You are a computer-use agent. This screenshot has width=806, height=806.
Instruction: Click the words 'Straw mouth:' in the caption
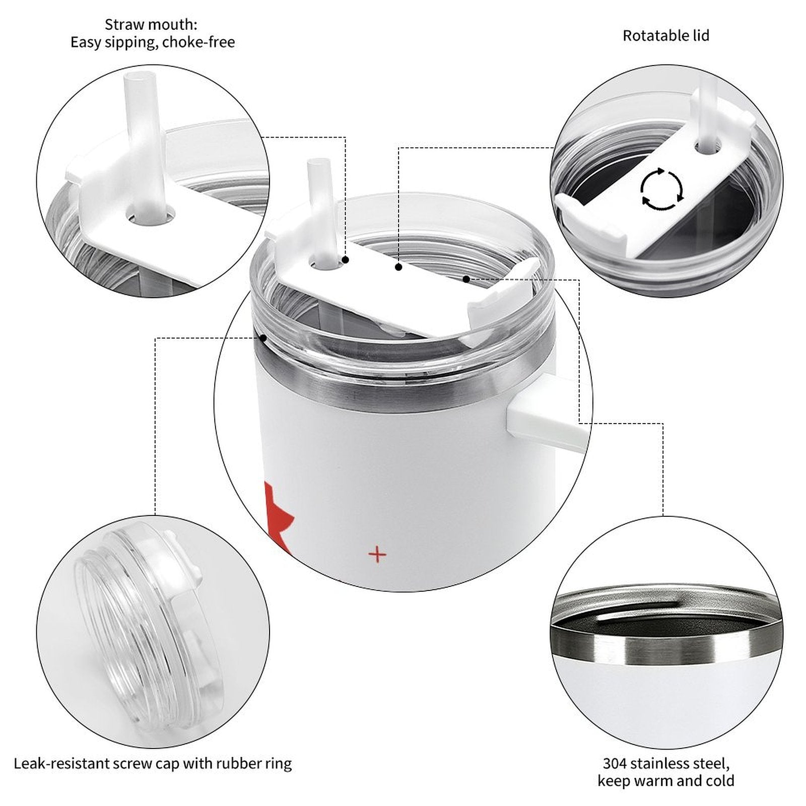[151, 24]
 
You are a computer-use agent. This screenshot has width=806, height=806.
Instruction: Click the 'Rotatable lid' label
[666, 36]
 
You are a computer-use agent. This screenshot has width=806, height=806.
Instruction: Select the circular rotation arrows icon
[662, 189]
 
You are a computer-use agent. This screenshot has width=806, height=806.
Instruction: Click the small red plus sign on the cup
[377, 555]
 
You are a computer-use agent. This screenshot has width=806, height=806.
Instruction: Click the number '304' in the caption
[615, 763]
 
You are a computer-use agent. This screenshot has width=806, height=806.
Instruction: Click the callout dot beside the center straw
[346, 260]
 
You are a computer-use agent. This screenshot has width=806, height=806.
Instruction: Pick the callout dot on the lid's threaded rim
[262, 338]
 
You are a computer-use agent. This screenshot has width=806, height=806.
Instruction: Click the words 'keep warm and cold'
[666, 781]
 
